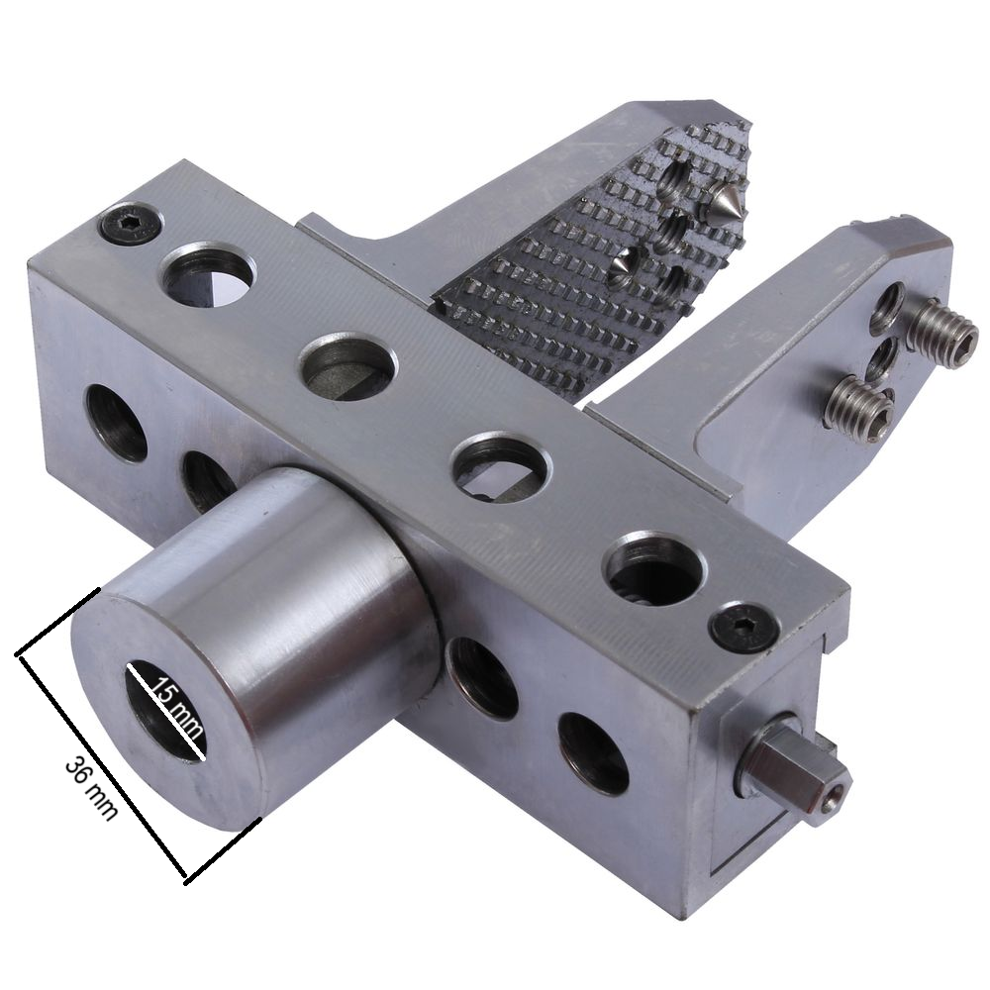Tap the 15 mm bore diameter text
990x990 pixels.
coord(178,708)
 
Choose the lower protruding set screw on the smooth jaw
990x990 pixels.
coord(860,409)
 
